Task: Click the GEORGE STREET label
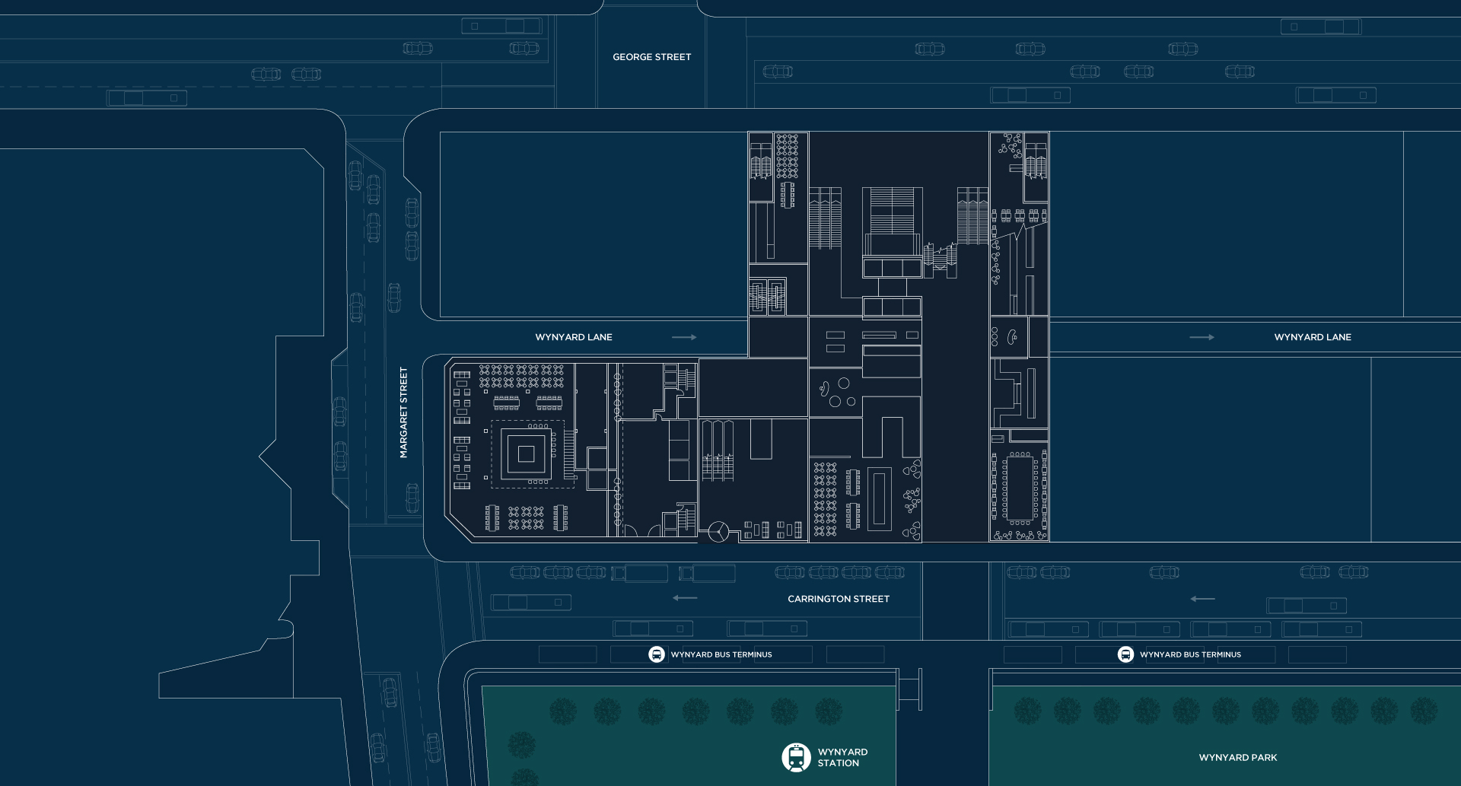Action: [x=652, y=57]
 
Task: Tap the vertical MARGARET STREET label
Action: [x=404, y=412]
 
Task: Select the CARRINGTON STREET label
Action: [x=839, y=599]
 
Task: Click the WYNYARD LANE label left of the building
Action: [x=574, y=337]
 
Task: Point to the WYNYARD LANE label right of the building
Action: [x=1313, y=337]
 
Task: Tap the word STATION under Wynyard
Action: [x=839, y=763]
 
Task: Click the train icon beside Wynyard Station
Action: [x=796, y=757]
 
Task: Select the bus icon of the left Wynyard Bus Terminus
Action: [x=657, y=654]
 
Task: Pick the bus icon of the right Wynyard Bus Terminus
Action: [x=1125, y=654]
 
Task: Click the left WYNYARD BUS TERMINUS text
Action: [x=721, y=654]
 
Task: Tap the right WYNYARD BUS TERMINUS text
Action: [x=1190, y=654]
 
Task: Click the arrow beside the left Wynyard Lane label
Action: [x=684, y=337]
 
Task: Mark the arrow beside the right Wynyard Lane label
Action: [x=1202, y=337]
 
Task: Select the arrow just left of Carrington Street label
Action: [x=685, y=598]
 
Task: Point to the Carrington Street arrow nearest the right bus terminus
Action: [x=1202, y=599]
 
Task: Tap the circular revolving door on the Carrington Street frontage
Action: [x=718, y=532]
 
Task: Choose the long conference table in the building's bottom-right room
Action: [x=1020, y=488]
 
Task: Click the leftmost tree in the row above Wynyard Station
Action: [x=563, y=711]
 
